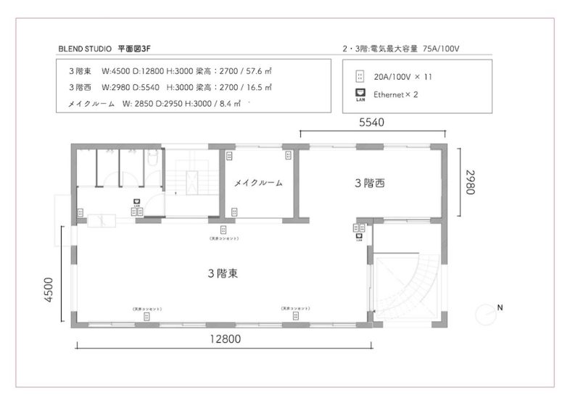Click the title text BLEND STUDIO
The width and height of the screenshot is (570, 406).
(x=84, y=49)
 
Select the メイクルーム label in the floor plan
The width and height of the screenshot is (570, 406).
(x=258, y=183)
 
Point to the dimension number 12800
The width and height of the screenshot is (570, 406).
(x=225, y=338)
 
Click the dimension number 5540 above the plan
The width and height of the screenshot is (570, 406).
(x=371, y=123)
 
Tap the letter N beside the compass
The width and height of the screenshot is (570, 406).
(x=500, y=307)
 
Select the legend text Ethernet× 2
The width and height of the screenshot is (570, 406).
(x=395, y=94)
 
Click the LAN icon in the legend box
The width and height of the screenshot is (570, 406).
(x=359, y=94)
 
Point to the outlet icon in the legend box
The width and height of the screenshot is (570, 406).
(x=359, y=76)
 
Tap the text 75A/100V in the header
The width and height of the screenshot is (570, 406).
(x=441, y=49)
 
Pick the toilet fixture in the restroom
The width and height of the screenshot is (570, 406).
(x=152, y=158)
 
